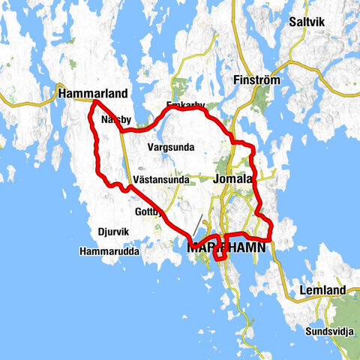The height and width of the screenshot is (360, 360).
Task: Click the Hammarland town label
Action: [92, 94]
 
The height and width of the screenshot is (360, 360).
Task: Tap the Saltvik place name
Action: [311, 22]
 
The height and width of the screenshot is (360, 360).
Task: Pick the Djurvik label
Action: [115, 231]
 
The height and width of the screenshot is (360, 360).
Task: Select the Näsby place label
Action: [115, 118]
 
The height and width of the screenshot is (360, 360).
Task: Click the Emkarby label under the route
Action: [184, 106]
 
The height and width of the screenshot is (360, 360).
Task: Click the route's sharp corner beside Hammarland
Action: [95, 100]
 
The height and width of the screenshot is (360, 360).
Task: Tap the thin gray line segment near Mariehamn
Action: [197, 224]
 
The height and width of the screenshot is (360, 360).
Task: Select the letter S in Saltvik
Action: [293, 22]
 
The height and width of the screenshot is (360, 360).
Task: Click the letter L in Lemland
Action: [301, 290]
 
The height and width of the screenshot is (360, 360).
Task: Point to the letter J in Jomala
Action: [217, 180]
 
